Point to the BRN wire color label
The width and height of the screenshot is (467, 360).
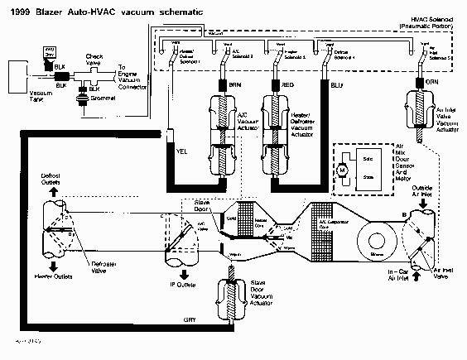[234, 84]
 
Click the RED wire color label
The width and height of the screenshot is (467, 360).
[287, 84]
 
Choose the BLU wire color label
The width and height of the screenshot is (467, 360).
[335, 84]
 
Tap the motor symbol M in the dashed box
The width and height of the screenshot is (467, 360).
[340, 170]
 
